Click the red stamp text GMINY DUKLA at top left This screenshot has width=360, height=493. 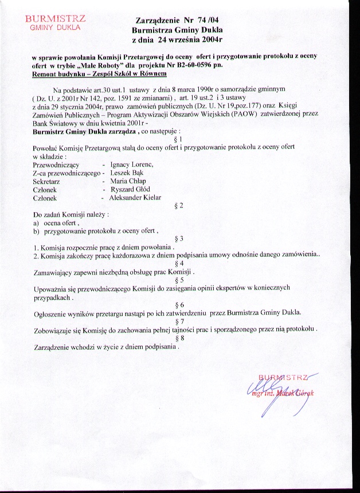[56, 27]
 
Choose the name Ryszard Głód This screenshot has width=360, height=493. [130, 189]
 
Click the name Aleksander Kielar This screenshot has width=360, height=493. [138, 197]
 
